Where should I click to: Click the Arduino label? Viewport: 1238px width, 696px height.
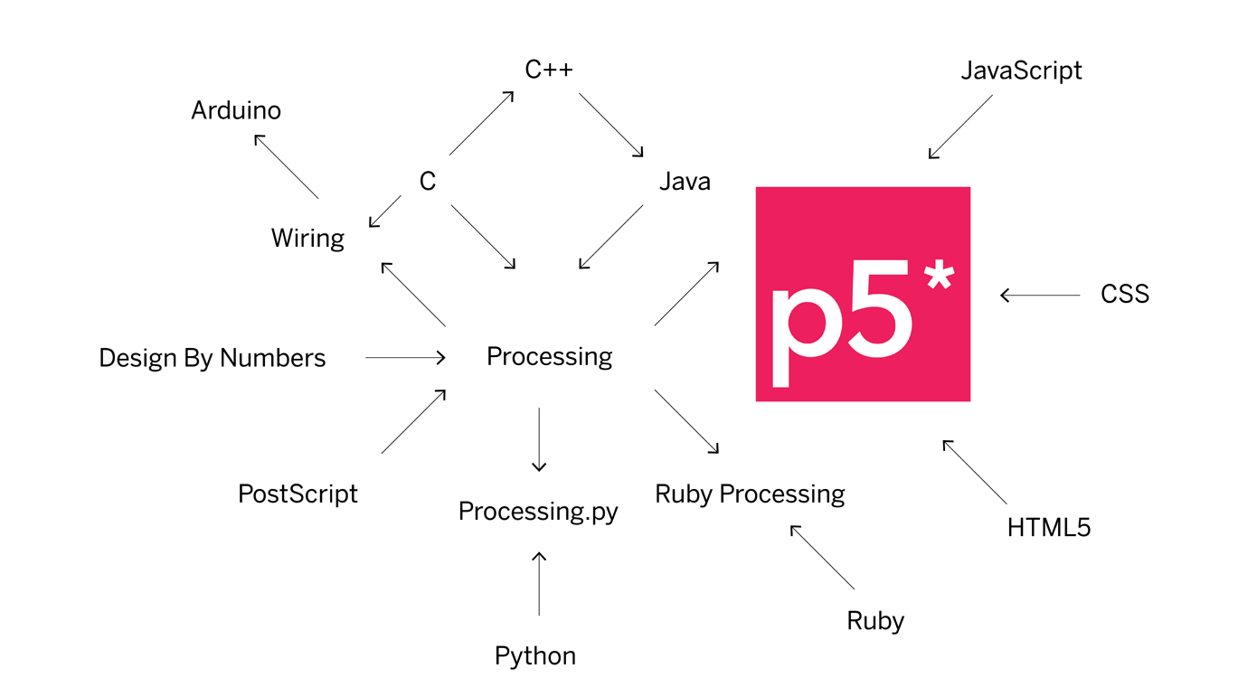[x=236, y=110]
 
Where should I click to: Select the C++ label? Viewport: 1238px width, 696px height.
[x=549, y=70]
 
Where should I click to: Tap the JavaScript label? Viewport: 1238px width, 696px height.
[x=1021, y=71]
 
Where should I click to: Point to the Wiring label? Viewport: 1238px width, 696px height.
[x=307, y=239]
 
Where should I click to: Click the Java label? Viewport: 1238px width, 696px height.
[x=685, y=182]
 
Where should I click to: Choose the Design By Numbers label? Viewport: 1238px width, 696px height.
[x=212, y=358]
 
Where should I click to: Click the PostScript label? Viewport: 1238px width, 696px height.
[x=298, y=494]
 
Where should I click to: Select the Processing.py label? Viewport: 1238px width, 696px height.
[x=538, y=512]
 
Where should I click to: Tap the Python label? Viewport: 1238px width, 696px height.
[x=534, y=655]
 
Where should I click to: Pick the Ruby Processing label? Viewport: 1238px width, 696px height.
[x=750, y=494]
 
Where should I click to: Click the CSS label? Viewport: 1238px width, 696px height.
[x=1125, y=294]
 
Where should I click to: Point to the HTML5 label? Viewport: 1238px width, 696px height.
[x=1049, y=527]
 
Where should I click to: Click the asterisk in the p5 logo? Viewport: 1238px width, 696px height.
[x=939, y=272]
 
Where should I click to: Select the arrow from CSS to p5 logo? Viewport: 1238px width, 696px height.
[x=1040, y=295]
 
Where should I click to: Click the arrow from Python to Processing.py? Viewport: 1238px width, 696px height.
[x=539, y=583]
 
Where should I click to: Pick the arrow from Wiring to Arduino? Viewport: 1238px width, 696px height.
[x=286, y=166]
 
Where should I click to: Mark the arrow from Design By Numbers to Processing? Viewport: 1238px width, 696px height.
[x=405, y=358]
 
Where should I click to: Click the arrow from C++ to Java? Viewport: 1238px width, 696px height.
[x=611, y=125]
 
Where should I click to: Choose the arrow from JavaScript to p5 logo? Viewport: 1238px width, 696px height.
[x=960, y=127]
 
